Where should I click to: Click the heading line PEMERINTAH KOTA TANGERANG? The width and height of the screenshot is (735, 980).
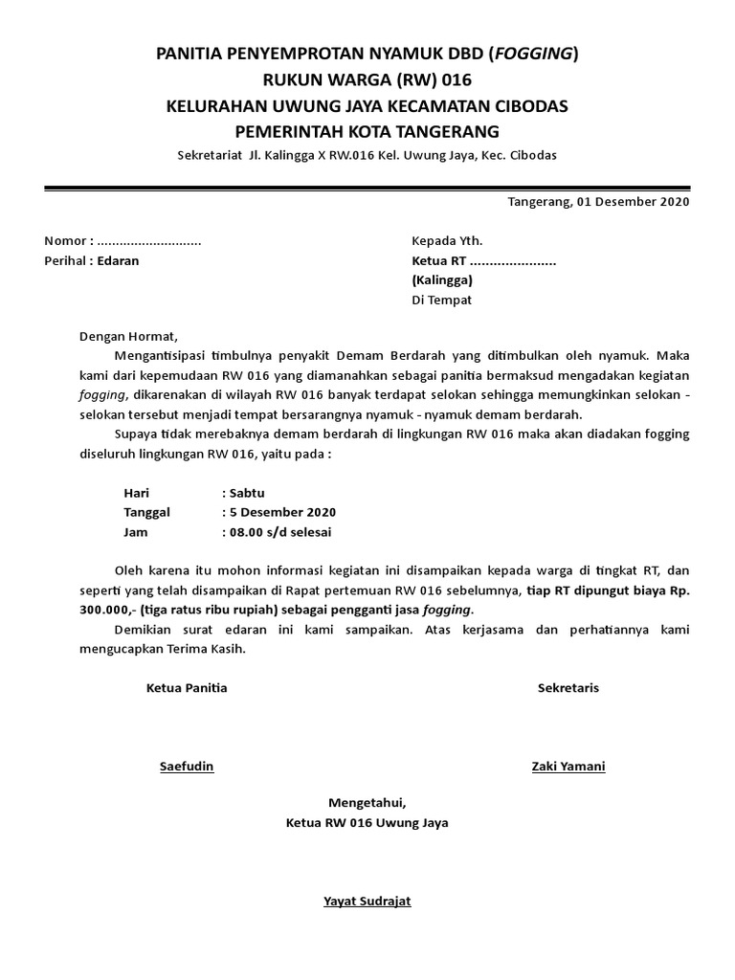point(367,130)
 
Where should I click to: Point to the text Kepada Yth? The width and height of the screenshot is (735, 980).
point(447,240)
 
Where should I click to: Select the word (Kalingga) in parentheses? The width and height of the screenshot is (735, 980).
point(442,280)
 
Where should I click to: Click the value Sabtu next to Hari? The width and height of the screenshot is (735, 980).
point(245,493)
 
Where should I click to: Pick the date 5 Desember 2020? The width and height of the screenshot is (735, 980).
point(281,512)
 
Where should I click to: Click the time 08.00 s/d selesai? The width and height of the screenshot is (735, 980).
point(279,532)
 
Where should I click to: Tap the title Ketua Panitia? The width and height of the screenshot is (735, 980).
point(187,688)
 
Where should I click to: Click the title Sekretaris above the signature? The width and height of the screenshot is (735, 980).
point(568,688)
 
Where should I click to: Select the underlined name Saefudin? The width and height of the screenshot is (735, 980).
point(187,767)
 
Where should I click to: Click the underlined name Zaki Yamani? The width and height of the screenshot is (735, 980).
point(568,767)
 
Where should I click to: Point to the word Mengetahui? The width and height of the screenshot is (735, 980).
point(367,802)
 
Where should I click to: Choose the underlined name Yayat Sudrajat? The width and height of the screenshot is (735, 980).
point(367,902)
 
